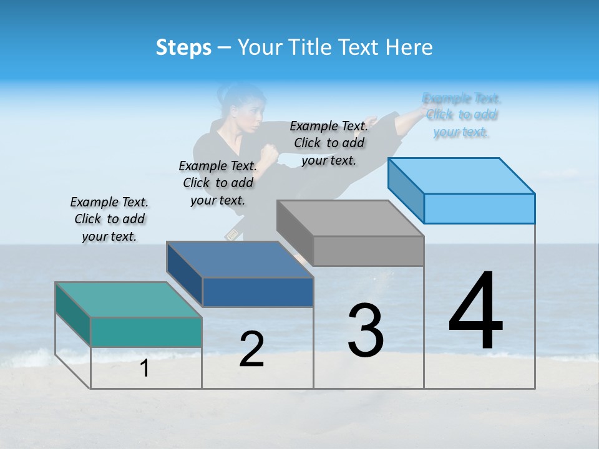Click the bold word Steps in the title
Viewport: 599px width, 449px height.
coord(183,47)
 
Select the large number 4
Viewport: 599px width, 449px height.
coord(475,312)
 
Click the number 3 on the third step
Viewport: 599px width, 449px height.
coord(365,331)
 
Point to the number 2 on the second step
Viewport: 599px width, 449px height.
coord(251,349)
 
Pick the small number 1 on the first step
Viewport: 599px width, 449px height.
coord(145,369)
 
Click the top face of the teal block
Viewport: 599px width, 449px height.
coord(129,299)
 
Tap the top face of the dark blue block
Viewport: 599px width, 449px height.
coord(240,259)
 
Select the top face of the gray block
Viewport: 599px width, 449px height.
coord(350,218)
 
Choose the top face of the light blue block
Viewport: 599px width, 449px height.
coord(461,175)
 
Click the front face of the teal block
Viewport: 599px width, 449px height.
coord(146,332)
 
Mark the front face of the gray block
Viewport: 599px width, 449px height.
coord(368,251)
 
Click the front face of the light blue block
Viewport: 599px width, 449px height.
coord(479,208)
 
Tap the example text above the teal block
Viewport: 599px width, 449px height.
coord(109,220)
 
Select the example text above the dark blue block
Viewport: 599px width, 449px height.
coord(218,183)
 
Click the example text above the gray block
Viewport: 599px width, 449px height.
coord(329,143)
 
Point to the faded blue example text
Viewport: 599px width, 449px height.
coord(461,115)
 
